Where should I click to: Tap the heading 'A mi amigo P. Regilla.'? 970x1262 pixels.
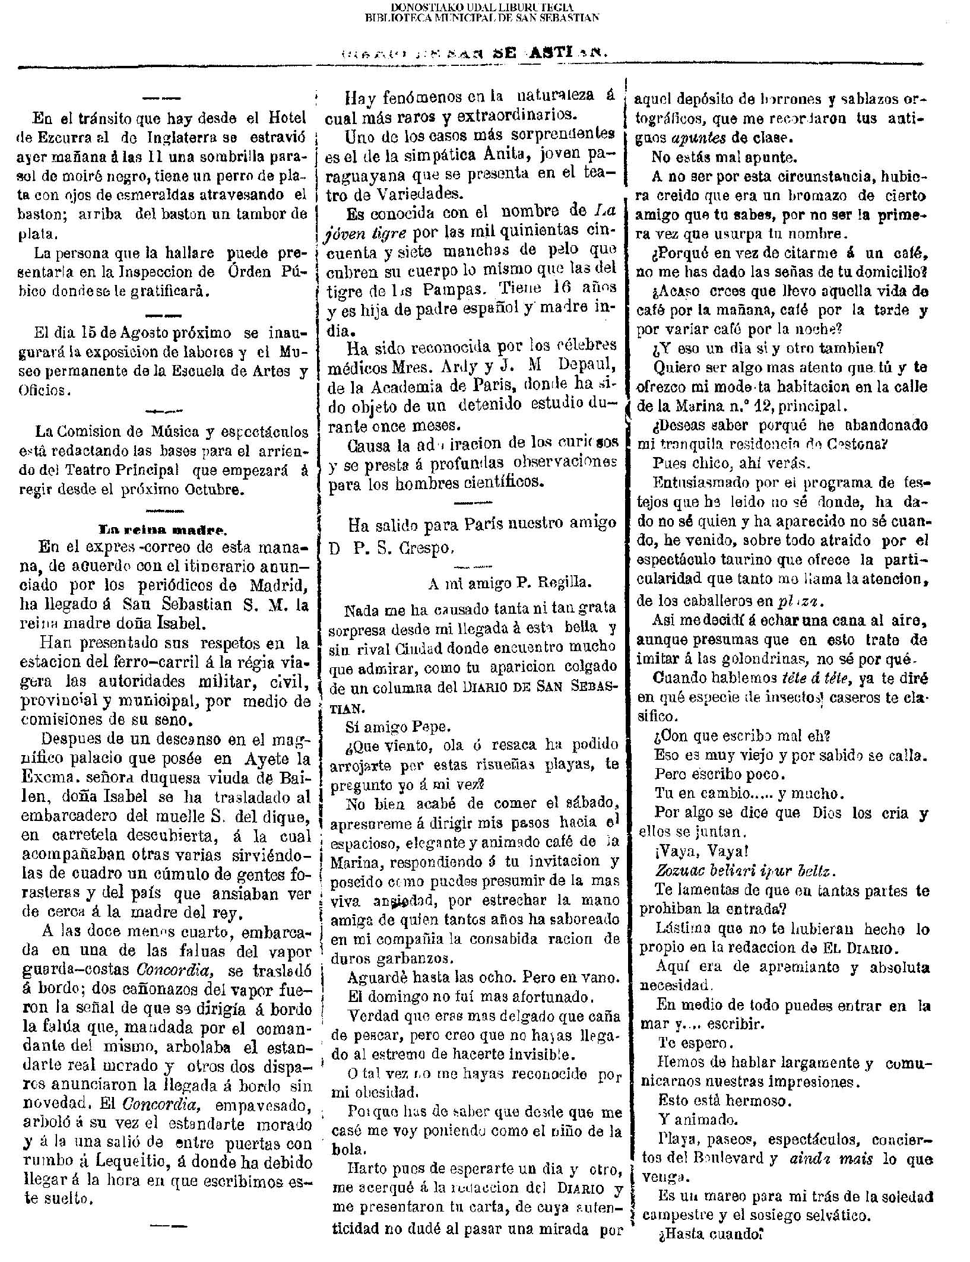(x=510, y=583)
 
